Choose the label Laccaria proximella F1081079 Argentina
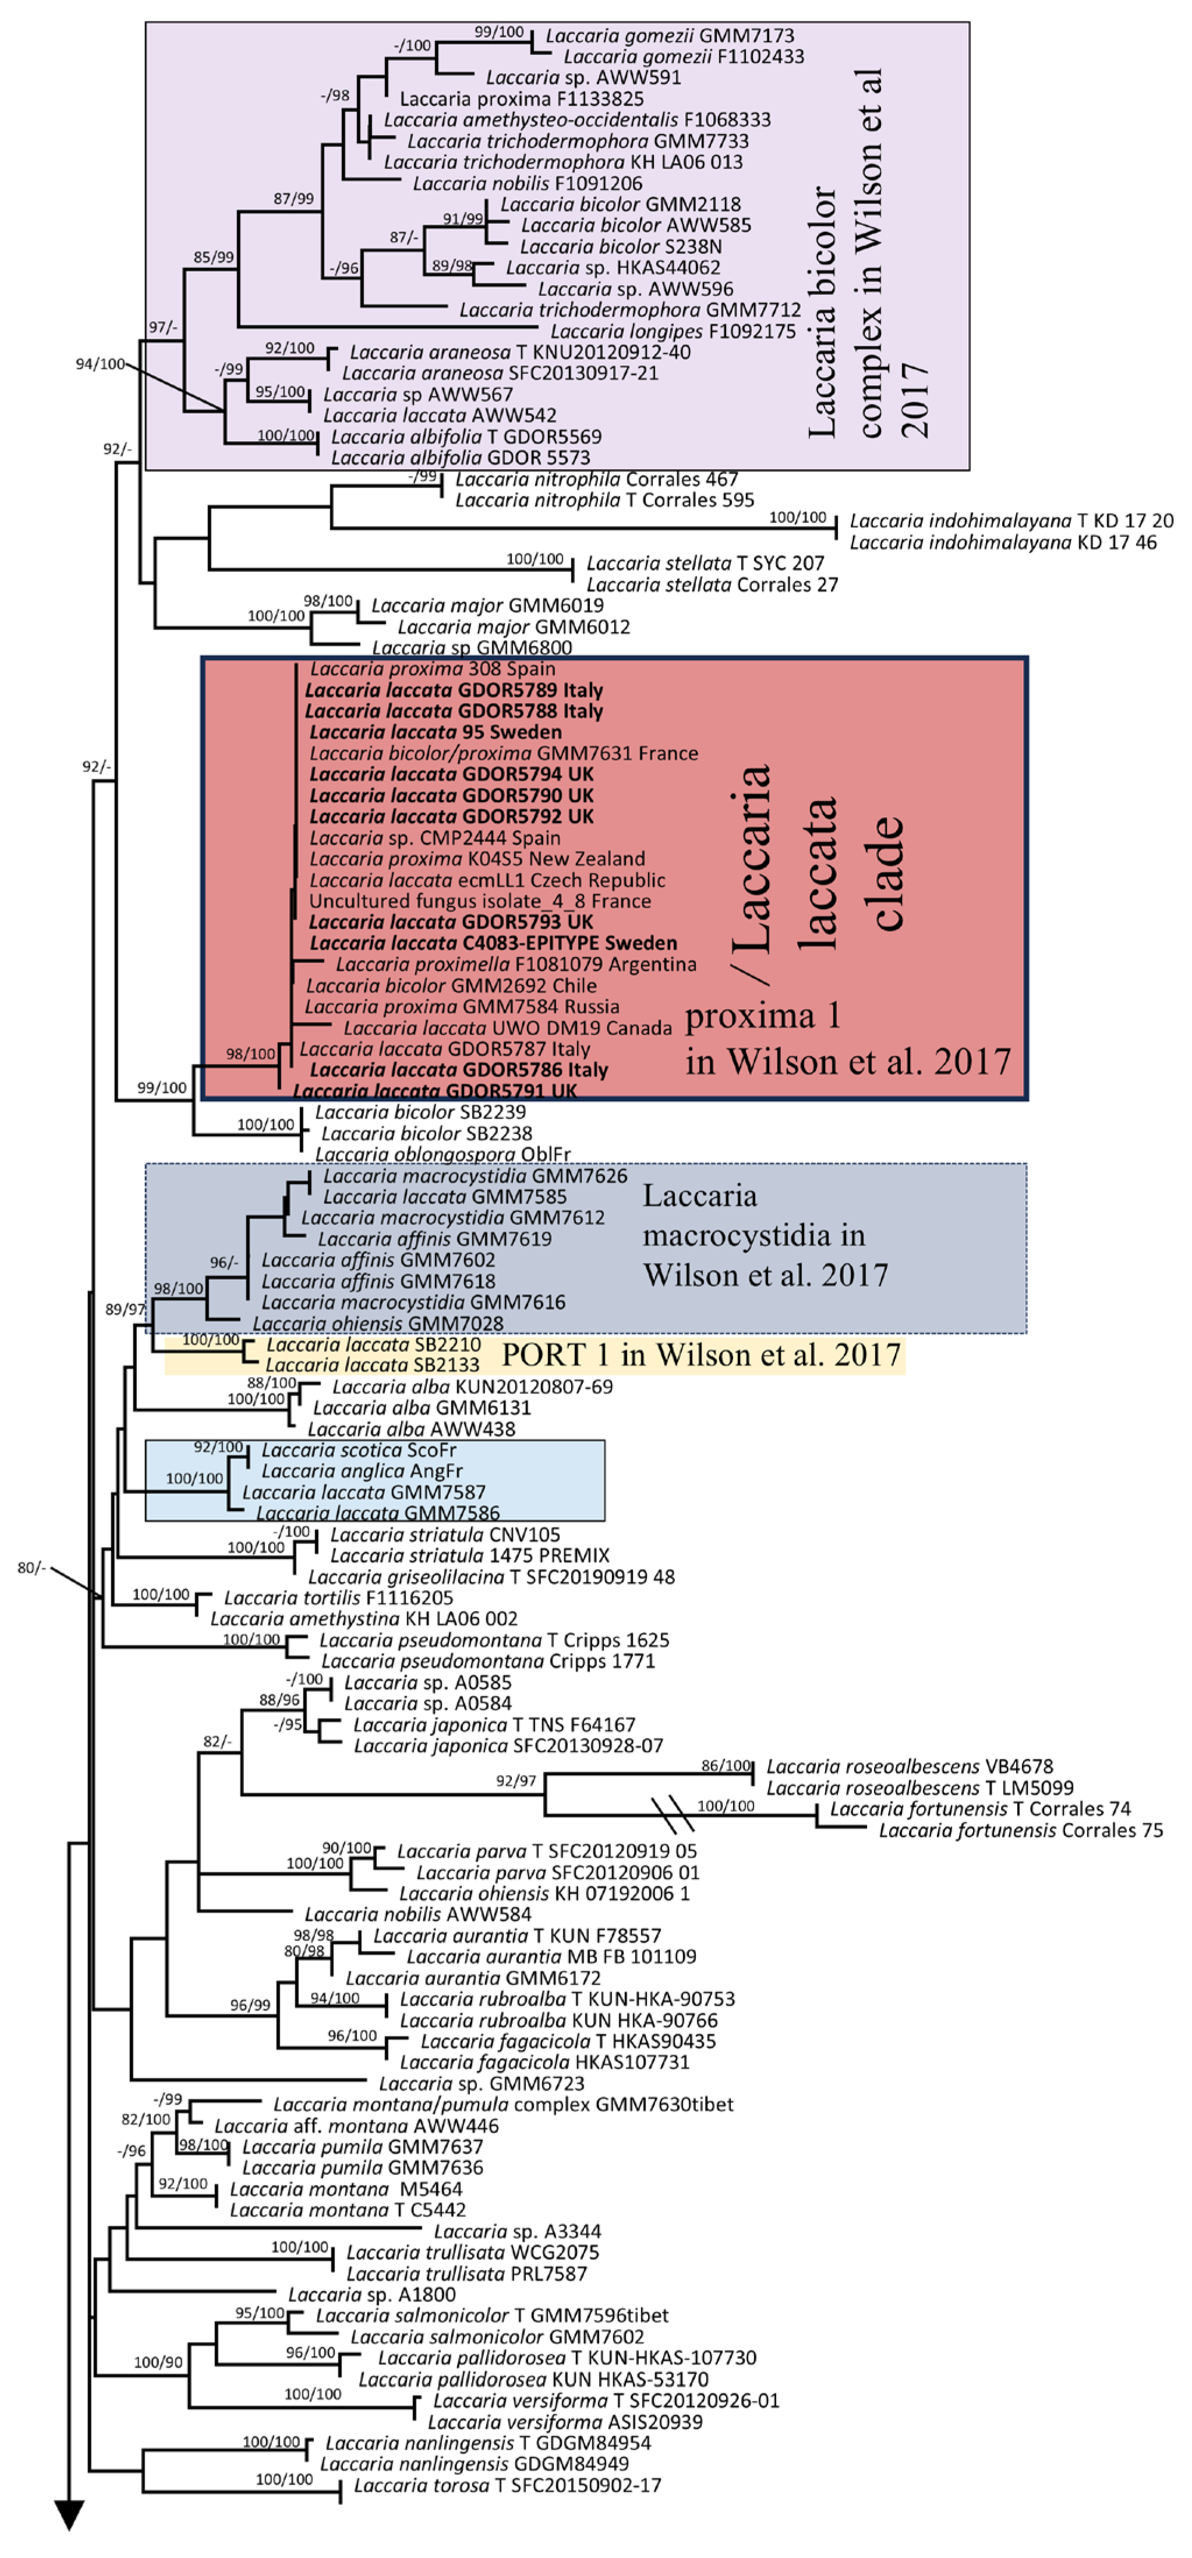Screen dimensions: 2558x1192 [x=515, y=964]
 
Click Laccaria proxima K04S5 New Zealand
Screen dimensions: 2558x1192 [x=477, y=859]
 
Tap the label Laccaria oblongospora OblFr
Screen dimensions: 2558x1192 [x=443, y=1155]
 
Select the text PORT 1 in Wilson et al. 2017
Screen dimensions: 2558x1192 [x=701, y=1356]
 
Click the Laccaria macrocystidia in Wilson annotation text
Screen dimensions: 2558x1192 [x=765, y=1235]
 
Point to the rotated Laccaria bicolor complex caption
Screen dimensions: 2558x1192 [x=870, y=253]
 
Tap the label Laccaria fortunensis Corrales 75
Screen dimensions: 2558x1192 [x=1020, y=1830]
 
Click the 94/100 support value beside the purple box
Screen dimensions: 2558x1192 [x=100, y=364]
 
